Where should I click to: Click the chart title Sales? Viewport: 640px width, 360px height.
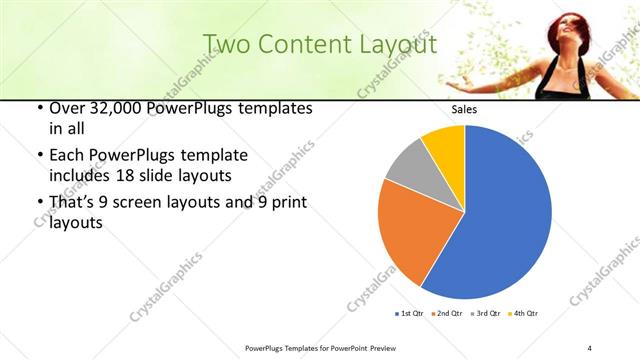pyautogui.click(x=465, y=110)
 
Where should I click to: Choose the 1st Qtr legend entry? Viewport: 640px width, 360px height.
pyautogui.click(x=409, y=314)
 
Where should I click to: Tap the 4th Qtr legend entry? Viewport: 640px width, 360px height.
pyautogui.click(x=523, y=314)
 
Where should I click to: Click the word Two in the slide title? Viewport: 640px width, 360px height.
pyautogui.click(x=225, y=44)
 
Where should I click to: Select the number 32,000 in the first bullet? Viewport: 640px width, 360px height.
pyautogui.click(x=110, y=108)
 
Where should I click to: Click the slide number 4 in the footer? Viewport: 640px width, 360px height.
pyautogui.click(x=590, y=347)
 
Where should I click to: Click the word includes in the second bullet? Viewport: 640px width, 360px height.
pyautogui.click(x=79, y=176)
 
